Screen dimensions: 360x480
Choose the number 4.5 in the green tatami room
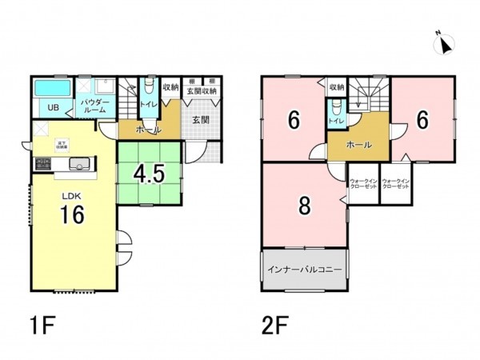click(x=150, y=174)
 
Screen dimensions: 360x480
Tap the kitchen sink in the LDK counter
click(x=79, y=165)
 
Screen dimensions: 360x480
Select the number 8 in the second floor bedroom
click(x=304, y=206)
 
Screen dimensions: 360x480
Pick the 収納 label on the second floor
click(x=336, y=86)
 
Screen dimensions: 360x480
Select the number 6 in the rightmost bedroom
click(x=422, y=118)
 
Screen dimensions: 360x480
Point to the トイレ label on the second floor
click(x=335, y=120)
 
